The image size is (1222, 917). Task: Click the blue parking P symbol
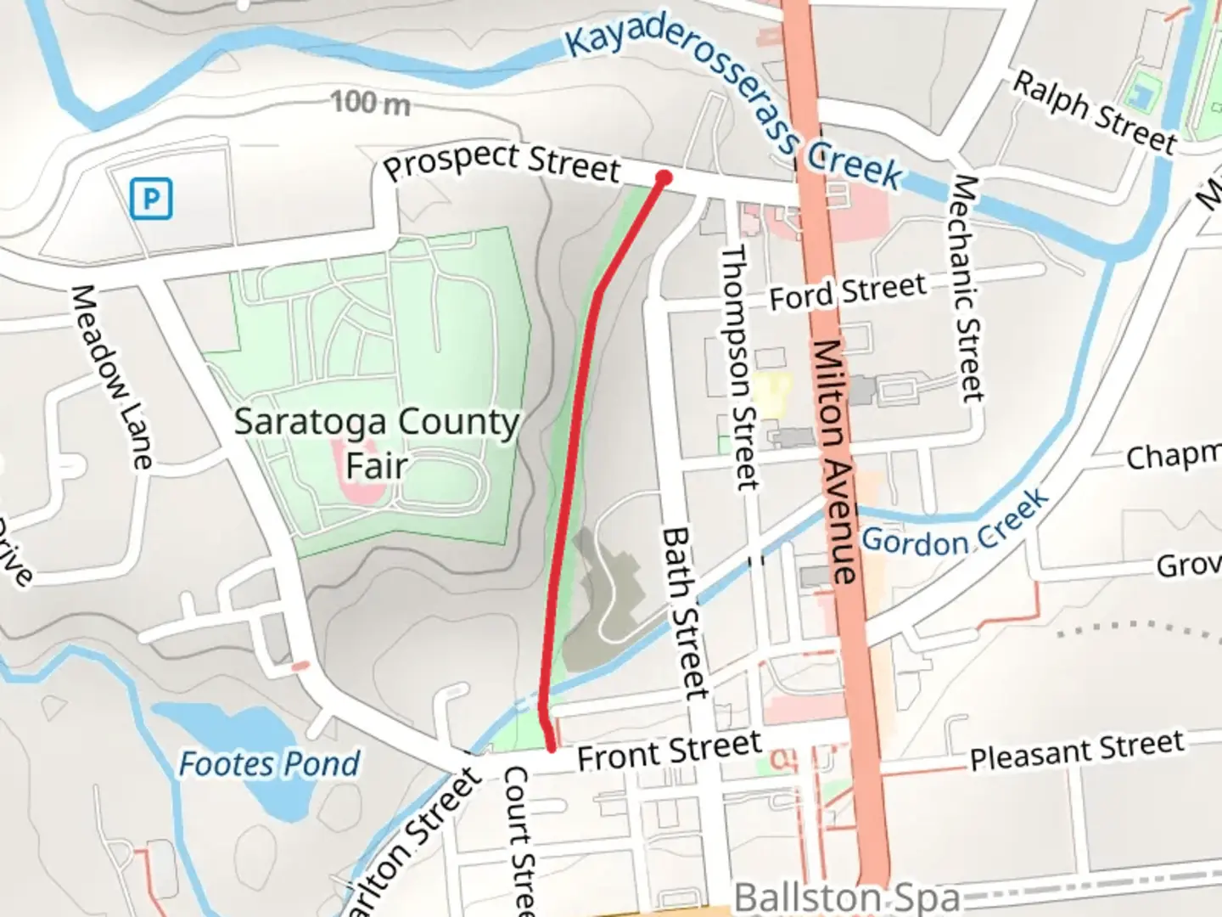151,200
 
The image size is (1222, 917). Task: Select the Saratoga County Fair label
376,442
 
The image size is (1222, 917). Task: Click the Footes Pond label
269,763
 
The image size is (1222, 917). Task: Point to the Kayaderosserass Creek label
733,102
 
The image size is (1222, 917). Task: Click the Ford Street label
847,291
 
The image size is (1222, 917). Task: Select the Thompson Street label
738,368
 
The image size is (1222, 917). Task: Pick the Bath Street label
684,612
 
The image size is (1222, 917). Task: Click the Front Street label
670,750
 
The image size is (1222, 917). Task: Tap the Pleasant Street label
1076,750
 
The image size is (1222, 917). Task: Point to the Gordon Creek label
955,526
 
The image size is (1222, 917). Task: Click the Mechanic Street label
967,288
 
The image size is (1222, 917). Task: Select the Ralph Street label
1096,111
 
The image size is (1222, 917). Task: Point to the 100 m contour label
370,104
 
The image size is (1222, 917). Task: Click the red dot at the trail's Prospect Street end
664,177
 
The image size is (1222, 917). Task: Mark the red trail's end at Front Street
552,748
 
